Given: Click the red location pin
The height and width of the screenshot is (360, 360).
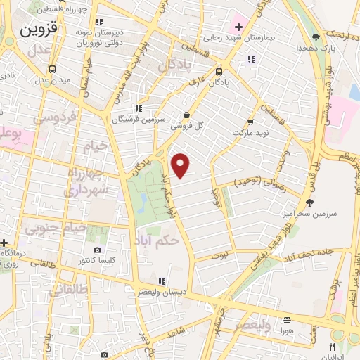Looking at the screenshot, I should (x=181, y=165).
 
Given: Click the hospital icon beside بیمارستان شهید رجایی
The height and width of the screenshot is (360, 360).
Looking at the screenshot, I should (x=239, y=27).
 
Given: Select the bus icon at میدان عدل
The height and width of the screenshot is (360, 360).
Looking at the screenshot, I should (x=54, y=70).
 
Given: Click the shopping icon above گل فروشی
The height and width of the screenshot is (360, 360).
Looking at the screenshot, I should (x=186, y=115).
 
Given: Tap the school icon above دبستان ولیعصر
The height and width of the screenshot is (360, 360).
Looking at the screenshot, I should (x=162, y=281).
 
